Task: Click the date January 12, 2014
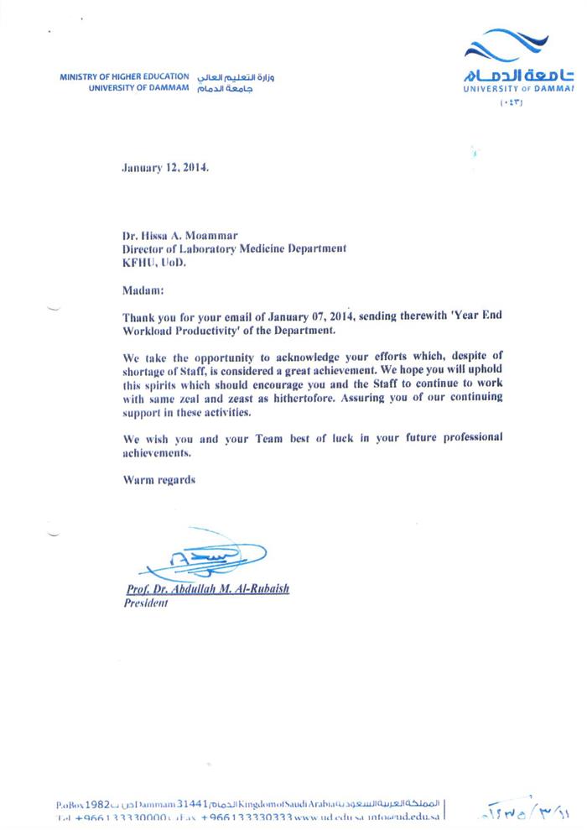[165, 167]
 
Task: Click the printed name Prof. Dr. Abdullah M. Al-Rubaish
[206, 589]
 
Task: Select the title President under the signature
[146, 603]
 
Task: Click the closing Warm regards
[159, 480]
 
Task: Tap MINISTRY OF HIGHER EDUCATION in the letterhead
[124, 77]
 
